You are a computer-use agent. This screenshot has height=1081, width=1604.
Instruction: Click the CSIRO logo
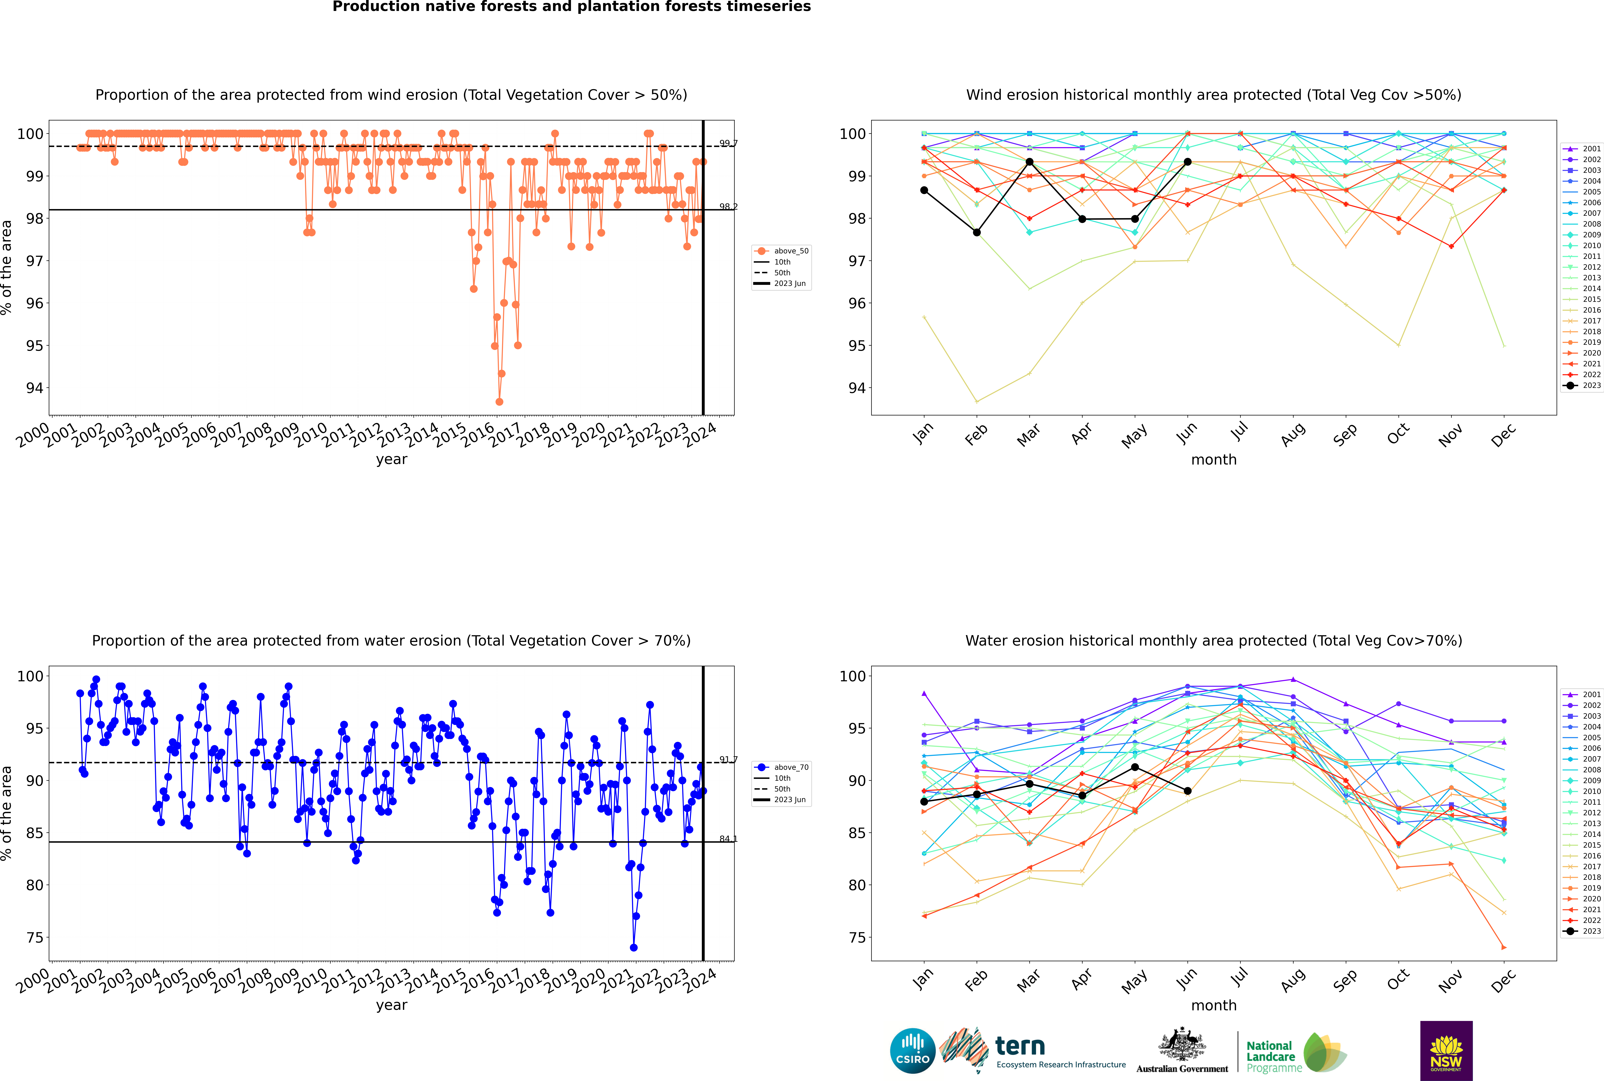[x=912, y=1051]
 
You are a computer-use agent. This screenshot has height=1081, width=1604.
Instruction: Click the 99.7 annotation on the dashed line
[x=728, y=143]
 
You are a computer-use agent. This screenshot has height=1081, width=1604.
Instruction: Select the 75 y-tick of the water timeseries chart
[x=34, y=938]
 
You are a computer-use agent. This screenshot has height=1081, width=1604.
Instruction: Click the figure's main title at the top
[x=572, y=7]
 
